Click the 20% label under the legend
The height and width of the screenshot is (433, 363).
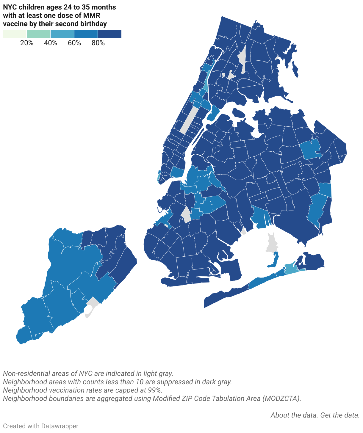(27, 43)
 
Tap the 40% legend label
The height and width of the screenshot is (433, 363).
(51, 43)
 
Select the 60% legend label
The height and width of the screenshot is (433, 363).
(74, 43)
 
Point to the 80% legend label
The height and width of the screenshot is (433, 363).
(98, 43)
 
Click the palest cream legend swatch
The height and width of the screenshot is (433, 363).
(15, 34)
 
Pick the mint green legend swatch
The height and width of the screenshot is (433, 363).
(38, 34)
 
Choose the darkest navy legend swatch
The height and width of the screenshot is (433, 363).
(110, 34)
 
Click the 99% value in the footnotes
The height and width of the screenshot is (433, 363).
(154, 390)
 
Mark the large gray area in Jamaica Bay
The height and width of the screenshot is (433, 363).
(271, 242)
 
